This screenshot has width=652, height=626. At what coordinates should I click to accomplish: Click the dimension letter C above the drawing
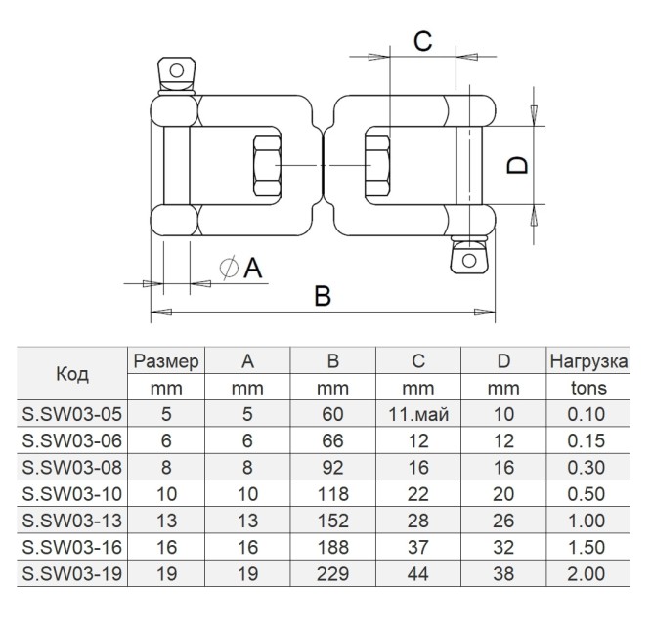pos(423,41)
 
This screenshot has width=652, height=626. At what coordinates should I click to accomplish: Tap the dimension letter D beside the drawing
pos(517,165)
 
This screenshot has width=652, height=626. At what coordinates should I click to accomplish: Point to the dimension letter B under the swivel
pos(323,295)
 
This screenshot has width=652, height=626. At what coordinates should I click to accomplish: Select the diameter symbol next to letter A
pos(229,267)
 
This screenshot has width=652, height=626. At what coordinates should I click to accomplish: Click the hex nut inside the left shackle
pos(267,165)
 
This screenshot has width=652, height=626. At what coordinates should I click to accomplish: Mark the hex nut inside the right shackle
pos(377,165)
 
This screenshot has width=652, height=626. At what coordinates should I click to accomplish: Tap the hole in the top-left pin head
pos(177,70)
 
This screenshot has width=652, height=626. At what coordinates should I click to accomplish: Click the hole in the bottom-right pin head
pos(469,261)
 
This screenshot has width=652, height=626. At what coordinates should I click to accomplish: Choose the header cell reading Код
pos(72,374)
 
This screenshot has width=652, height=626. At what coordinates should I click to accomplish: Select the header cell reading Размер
pos(166,361)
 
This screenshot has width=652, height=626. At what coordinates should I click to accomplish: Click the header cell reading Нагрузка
pos(588,361)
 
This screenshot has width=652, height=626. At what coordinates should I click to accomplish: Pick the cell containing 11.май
pos(418,414)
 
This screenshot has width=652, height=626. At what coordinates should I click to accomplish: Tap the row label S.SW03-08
pos(72,468)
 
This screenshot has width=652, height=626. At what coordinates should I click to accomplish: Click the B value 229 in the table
pos(332,573)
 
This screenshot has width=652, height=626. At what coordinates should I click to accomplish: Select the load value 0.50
pos(587,494)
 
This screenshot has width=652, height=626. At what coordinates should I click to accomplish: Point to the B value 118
pos(332,494)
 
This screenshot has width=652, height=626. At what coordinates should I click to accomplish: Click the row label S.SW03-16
pos(72,547)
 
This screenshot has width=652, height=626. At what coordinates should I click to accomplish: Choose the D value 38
pos(503,573)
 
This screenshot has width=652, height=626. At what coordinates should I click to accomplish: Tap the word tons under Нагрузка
pos(588,388)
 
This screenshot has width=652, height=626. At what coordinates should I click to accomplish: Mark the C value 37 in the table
pos(418,547)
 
